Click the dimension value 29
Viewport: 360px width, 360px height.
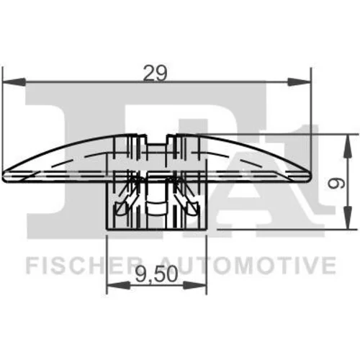pos(155,73)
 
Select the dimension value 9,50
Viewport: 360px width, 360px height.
pos(156,274)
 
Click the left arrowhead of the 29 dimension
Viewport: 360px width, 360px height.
pos(14,81)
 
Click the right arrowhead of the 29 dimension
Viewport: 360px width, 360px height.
pos(299,82)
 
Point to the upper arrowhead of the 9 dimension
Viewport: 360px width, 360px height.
pos(348,146)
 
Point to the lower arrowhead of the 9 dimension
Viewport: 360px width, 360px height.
pos(348,217)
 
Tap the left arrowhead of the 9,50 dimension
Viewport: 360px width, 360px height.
pos(118,285)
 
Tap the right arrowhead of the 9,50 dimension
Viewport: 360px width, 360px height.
pos(194,285)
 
